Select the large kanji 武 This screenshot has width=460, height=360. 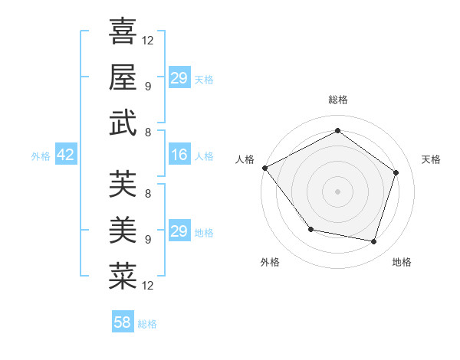tap(123, 123)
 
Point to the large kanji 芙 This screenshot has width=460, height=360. tap(123, 184)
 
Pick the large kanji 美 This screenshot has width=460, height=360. tap(123, 229)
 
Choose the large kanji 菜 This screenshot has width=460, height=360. tap(123, 276)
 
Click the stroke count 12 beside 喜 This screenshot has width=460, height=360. tap(148, 40)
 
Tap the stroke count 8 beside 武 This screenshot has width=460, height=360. tap(148, 133)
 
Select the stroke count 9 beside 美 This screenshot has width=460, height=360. tap(148, 239)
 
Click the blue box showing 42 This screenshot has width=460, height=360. tap(66, 155)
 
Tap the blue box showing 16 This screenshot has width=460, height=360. tap(179, 155)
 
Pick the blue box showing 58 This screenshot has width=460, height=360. tap(123, 322)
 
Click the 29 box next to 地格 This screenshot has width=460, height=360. tap(179, 231)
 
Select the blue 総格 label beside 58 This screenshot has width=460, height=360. tap(148, 324)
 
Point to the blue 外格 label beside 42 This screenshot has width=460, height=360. tap(41, 156)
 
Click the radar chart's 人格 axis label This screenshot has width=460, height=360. tap(245, 159)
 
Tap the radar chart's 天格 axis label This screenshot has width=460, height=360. tap(432, 159)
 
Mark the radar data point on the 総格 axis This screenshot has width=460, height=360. tap(337, 130)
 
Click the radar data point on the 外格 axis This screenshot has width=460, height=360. tap(310, 229)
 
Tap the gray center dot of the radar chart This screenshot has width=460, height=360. tap(337, 191)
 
